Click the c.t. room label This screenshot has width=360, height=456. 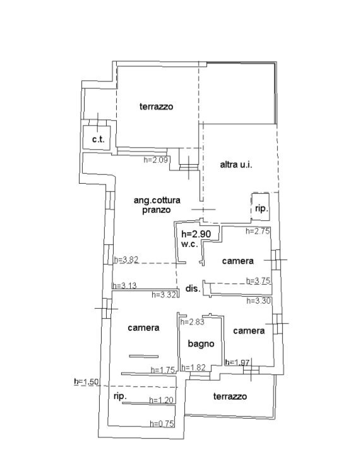coord(98,140)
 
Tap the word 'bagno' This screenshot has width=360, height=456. coord(201,344)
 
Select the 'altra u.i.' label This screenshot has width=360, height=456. coord(236,165)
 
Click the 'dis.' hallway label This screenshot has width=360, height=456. coord(193,289)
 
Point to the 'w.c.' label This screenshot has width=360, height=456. coord(189,244)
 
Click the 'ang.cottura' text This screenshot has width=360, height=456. coord(157,200)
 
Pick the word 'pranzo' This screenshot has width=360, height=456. coord(156,210)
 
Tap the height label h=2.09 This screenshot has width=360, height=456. coord(155,160)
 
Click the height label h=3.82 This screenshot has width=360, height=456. coord(126,260)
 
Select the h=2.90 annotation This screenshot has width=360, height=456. coord(196,234)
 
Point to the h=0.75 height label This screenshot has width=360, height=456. coord(162,424)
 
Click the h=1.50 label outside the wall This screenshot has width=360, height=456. coord(87,381)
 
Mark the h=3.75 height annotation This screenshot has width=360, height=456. coord(258,280)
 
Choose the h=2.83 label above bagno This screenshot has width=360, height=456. coord(192,321)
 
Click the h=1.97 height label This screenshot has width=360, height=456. coord(237,363)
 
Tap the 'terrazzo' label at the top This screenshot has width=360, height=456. coord(156,107)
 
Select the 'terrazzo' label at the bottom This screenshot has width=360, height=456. coord(230,397)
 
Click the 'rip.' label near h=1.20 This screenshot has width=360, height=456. coord(120,396)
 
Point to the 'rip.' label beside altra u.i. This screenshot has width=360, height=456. coord(261,208)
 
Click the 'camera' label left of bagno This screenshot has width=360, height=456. coord(143,328)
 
